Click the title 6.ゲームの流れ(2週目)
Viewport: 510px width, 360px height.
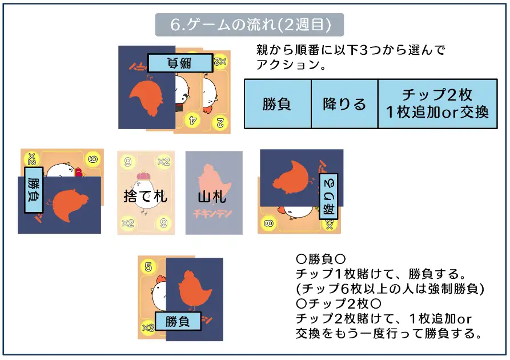[250, 25]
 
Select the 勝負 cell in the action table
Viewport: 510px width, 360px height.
[277, 104]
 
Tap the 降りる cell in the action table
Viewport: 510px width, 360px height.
[344, 104]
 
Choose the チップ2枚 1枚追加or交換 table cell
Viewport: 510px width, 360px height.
[437, 103]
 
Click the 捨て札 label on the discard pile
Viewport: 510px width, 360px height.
[145, 197]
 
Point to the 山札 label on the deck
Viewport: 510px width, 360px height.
[212, 197]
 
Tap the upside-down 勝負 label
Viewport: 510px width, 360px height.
[180, 63]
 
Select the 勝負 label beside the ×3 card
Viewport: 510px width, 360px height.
[177, 321]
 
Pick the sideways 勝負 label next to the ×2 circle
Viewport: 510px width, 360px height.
[34, 191]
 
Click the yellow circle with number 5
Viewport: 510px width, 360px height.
[148, 266]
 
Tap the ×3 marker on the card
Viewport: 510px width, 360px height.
[148, 327]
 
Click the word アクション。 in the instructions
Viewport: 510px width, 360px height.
[291, 65]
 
